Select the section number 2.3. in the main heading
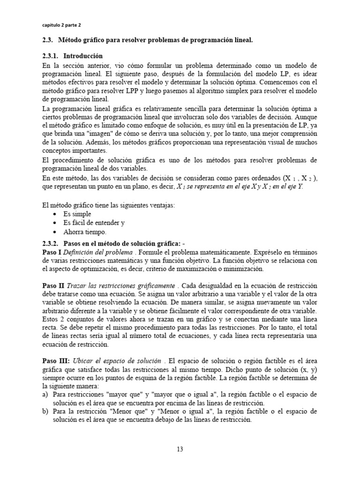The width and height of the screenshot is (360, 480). [x=49, y=40]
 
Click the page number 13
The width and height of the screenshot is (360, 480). [x=180, y=449]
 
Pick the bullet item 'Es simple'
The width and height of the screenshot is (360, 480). [x=77, y=214]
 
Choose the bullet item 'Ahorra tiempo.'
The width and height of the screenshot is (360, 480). [x=85, y=232]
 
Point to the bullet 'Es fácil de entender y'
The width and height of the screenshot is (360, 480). [x=94, y=223]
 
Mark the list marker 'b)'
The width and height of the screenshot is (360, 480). [x=45, y=411]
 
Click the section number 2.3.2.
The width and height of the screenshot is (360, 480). [x=52, y=243]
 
